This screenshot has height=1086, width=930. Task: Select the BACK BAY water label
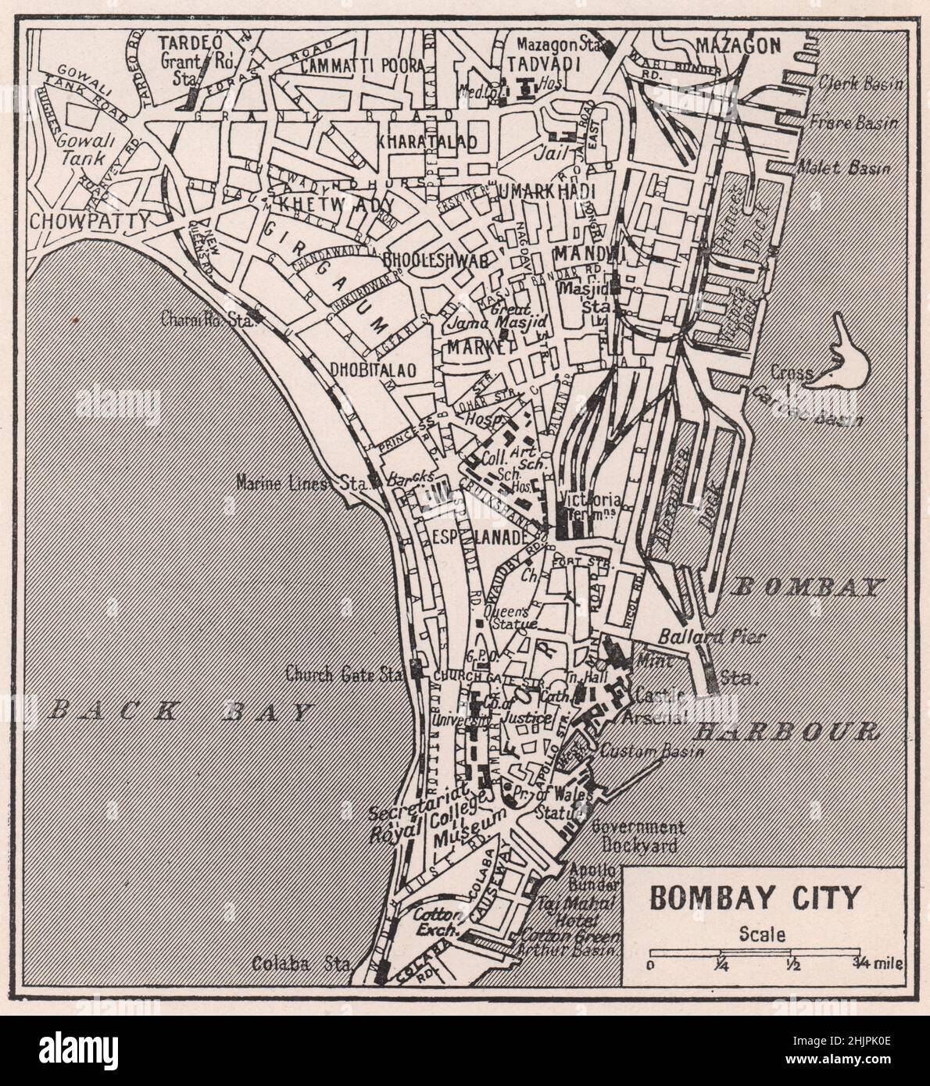[180, 711]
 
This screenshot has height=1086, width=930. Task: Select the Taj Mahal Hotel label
[577, 910]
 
